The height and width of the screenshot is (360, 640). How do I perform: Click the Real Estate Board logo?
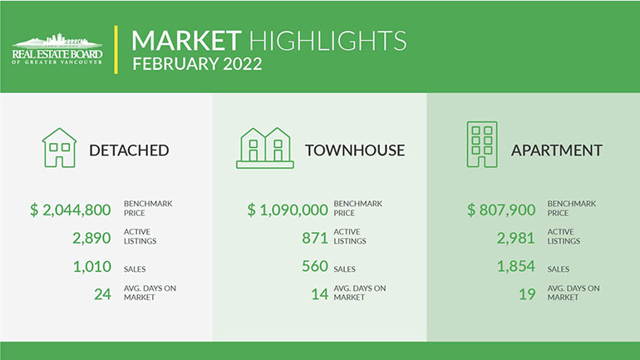[57, 49]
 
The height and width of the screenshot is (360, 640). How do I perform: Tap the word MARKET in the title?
[186, 41]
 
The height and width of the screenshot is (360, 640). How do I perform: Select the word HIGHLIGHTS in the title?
[327, 41]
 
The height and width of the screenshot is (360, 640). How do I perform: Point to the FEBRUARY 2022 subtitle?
[197, 64]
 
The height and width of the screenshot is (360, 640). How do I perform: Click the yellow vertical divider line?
[116, 50]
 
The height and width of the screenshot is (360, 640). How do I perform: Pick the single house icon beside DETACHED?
[59, 147]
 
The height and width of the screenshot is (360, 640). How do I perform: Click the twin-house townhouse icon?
[265, 148]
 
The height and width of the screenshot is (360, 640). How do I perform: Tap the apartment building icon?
[482, 144]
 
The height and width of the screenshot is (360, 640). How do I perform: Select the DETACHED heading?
[129, 150]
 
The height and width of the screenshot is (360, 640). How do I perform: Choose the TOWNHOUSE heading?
[355, 150]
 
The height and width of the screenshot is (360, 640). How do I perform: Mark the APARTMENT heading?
[556, 150]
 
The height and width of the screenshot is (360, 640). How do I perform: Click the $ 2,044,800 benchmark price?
[70, 210]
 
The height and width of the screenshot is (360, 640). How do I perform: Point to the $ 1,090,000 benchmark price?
[288, 210]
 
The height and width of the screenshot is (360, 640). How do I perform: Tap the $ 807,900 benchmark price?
[501, 210]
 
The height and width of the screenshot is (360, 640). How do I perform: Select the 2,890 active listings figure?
[91, 238]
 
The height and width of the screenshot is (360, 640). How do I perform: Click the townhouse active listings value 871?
[315, 238]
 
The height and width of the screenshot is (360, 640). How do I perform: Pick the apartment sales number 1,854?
[516, 266]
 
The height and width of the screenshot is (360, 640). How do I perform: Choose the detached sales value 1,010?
[91, 267]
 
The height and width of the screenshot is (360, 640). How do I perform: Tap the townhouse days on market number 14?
[320, 293]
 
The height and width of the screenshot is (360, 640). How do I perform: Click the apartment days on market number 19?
[527, 293]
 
